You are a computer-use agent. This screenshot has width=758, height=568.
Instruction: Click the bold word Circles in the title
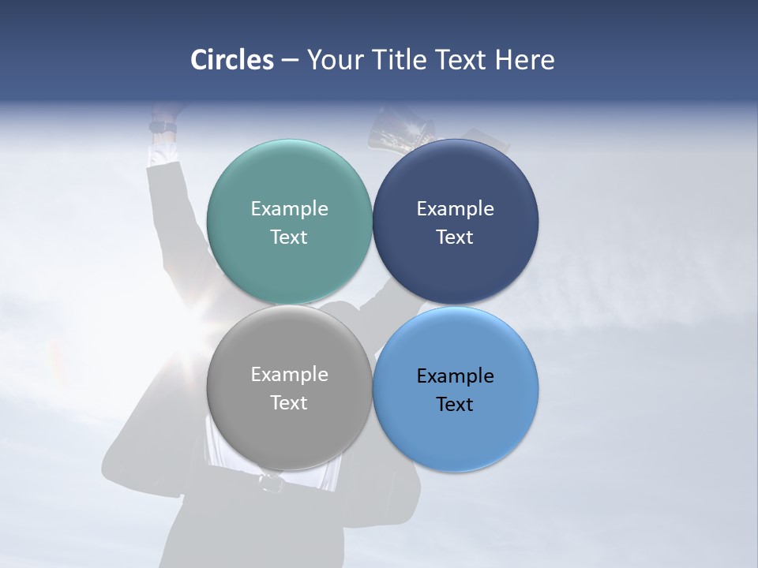pos(232,60)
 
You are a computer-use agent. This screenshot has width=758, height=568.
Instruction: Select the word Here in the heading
pos(525,60)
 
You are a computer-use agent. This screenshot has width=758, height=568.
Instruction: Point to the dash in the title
pos(290,61)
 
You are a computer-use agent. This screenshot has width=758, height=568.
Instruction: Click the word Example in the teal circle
pos(289,208)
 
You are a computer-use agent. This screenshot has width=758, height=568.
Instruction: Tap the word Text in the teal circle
pos(289,237)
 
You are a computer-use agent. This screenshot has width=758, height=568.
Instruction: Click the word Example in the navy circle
pos(455,208)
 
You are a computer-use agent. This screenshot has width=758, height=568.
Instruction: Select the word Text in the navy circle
pos(455,237)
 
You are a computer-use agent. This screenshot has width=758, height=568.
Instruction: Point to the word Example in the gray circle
pos(289,374)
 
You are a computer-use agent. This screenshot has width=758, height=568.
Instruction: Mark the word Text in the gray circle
pos(289,402)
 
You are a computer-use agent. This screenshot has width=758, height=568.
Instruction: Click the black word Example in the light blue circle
pos(455,376)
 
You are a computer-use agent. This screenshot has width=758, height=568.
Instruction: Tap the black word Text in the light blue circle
pos(455,404)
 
